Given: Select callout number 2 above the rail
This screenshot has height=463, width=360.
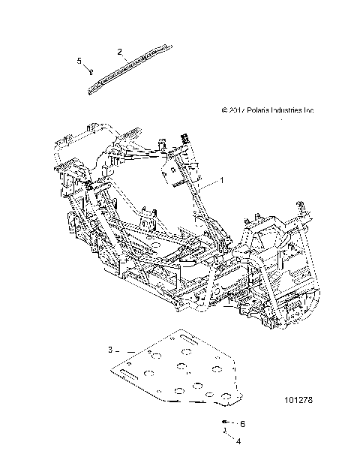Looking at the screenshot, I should tap(119, 51).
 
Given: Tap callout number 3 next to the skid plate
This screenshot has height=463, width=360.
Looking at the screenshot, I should tap(110, 350).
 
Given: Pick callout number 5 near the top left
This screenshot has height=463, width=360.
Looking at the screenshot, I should tap(79, 60).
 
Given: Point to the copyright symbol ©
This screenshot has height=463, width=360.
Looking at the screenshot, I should tap(225, 110).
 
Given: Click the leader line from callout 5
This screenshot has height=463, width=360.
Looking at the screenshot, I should tap(85, 67).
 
